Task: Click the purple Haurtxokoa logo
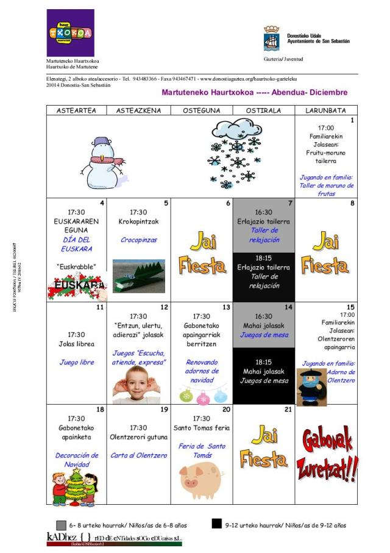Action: (70, 32)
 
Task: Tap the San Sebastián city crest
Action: (271, 38)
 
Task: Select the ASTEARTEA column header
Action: (76, 110)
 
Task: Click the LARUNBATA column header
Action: (325, 110)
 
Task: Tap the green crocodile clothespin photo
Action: (139, 276)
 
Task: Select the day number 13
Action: (226, 307)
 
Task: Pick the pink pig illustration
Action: (200, 478)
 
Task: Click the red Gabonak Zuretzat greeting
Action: (326, 453)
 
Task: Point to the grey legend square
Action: (61, 525)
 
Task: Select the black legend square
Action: (217, 524)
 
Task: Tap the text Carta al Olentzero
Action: (138, 455)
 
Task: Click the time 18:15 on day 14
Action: (263, 361)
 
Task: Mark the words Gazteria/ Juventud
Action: (283, 59)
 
